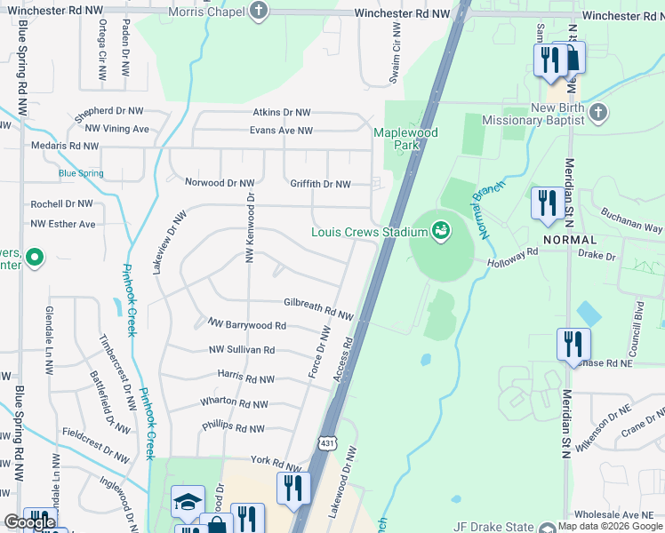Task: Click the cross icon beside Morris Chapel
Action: pos(259,11)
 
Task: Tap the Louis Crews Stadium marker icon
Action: pos(439,232)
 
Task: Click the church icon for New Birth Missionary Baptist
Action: pos(597,113)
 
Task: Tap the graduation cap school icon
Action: pos(188,504)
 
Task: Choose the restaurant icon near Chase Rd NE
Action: pos(573,343)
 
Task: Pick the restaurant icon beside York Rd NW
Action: pos(292,488)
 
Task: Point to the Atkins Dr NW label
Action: pos(282,112)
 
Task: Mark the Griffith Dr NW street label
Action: pos(320,184)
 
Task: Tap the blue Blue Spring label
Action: pos(81,173)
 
